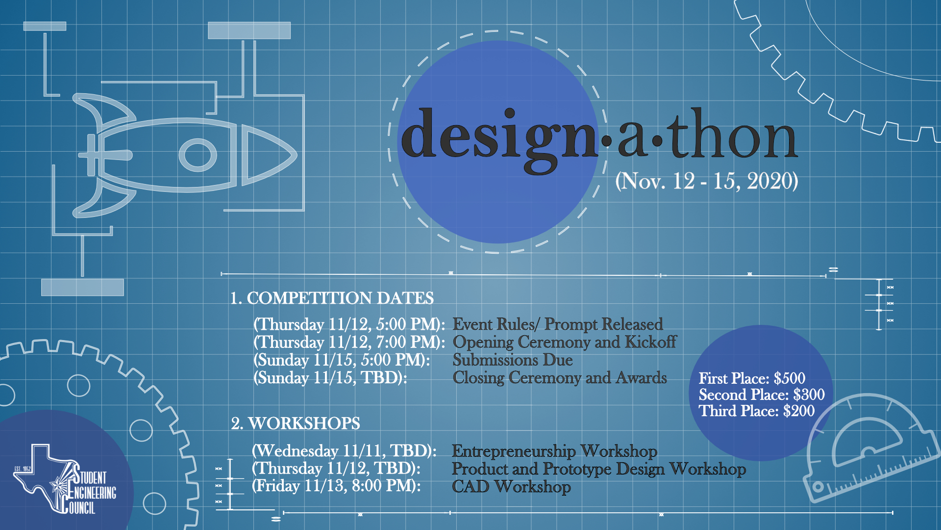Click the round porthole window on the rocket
tap(198, 155)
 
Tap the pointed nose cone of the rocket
tap(270, 155)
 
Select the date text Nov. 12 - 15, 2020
tap(706, 181)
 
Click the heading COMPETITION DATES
tap(332, 298)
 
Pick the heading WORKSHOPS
tap(296, 423)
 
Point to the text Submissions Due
tap(512, 360)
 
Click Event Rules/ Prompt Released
tap(557, 324)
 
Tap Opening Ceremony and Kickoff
tap(564, 342)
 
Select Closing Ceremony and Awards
tap(559, 377)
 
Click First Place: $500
tap(752, 378)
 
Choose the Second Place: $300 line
tap(762, 395)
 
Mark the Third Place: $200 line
tap(757, 411)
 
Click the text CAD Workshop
tap(511, 486)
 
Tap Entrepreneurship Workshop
tap(554, 450)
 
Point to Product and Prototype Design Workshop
tap(598, 469)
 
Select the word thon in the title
tap(733, 135)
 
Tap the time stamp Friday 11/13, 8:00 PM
tap(336, 486)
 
